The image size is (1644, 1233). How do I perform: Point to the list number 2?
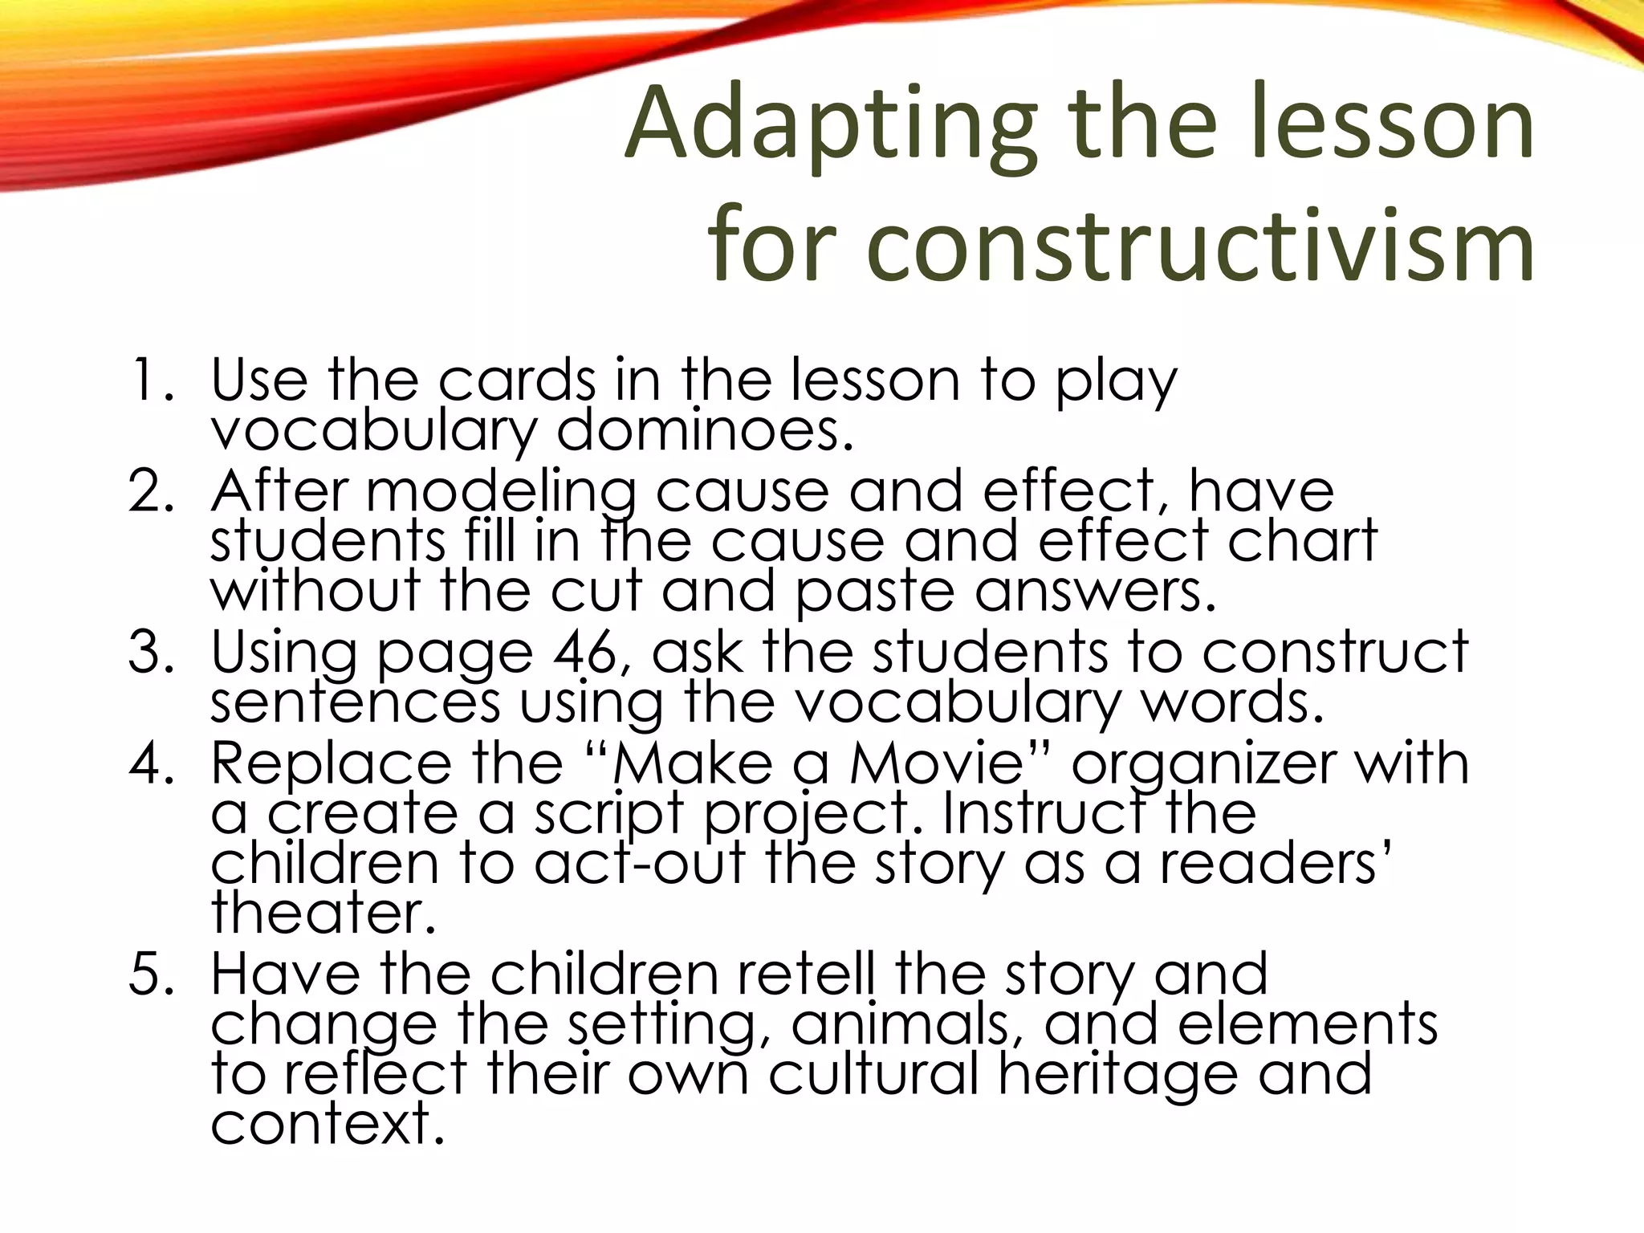pyautogui.click(x=150, y=490)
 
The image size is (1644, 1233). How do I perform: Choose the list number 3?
pyautogui.click(x=150, y=651)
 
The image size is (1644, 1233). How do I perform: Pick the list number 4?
pyautogui.click(x=150, y=762)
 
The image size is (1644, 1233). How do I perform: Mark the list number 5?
pyautogui.click(x=150, y=974)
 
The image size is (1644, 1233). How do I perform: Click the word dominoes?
pyautogui.click(x=704, y=430)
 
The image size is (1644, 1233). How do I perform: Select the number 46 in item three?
pyautogui.click(x=592, y=651)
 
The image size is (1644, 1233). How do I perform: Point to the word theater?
pyautogui.click(x=324, y=913)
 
